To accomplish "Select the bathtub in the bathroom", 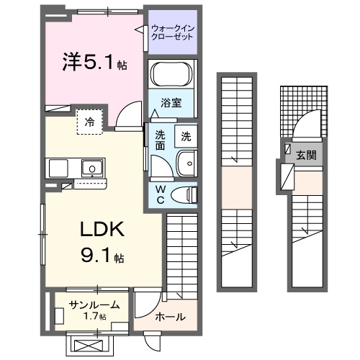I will tap(171, 74).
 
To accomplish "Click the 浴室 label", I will tap(171, 103).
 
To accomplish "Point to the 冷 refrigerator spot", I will tap(90, 122).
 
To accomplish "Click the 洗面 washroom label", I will tap(161, 139).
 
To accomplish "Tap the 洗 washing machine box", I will tap(186, 135).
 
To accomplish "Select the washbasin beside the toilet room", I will tap(187, 164).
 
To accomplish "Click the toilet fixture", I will tap(188, 193).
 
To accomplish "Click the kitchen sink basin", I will tap(91, 170).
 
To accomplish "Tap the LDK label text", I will tap(102, 230).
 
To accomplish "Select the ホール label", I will tap(170, 317).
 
